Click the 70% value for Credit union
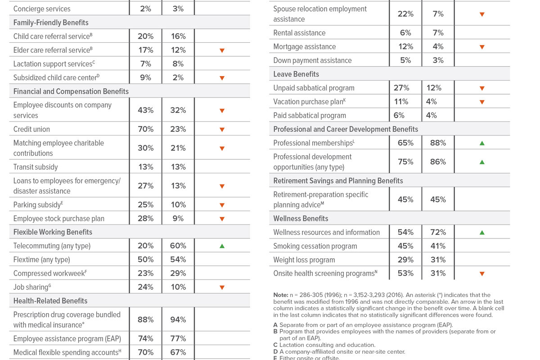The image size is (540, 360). [x=146, y=129]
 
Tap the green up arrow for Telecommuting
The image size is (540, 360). [x=222, y=246]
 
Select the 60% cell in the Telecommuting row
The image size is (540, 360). [x=178, y=246]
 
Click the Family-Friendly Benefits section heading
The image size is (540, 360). [x=51, y=22]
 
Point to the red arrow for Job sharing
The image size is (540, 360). [x=222, y=288]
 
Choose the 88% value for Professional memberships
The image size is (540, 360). [x=438, y=143]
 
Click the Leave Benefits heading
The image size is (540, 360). [x=296, y=74]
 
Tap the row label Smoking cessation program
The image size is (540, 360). [x=315, y=246]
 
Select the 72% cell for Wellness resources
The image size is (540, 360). [x=438, y=232]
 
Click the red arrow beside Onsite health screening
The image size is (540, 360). [x=482, y=274]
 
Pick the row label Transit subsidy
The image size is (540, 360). [x=36, y=167]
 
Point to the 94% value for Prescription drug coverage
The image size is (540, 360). [x=178, y=319]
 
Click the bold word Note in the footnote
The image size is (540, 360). [x=280, y=295]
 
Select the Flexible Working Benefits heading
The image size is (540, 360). [x=53, y=232]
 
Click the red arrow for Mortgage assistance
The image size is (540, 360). [x=482, y=47]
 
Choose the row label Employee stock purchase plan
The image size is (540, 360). [x=59, y=219]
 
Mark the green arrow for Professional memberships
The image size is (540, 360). [x=482, y=143]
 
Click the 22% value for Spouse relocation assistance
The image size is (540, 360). [x=405, y=14]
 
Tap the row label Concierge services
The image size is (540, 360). [x=42, y=9]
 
